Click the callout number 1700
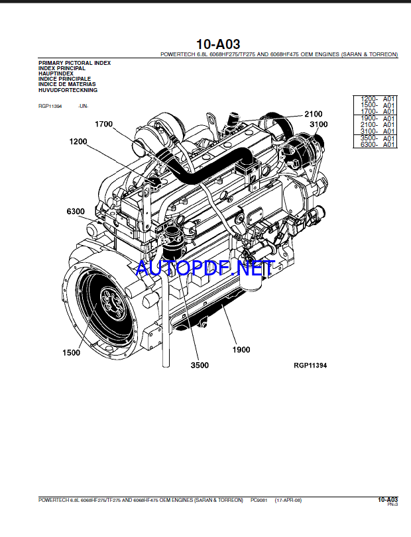coord(104,124)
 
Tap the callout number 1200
coord(78,141)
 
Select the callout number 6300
coord(75,211)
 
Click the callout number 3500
coord(199,365)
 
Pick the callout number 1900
coord(241,349)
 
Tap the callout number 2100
coord(313,114)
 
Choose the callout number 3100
coord(318,124)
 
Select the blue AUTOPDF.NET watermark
coord(204,268)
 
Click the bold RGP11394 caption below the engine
coord(310,366)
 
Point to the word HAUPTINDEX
coord(57,73)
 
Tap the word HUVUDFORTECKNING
coord(68,90)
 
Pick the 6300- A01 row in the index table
coord(377,144)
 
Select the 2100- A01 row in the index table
coord(377,124)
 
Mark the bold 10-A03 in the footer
coord(387,499)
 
